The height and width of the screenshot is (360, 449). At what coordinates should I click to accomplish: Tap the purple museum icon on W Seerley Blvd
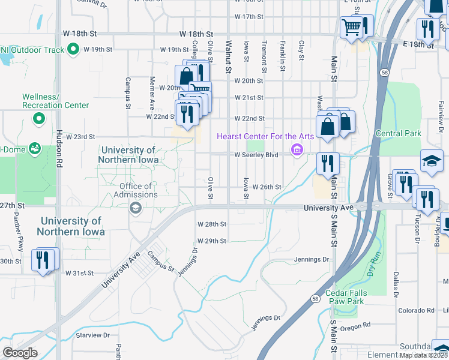click(x=296, y=150)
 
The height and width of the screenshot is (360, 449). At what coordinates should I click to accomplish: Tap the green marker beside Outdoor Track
click(x=74, y=49)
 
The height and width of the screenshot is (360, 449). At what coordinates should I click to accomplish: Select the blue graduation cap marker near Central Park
click(x=432, y=161)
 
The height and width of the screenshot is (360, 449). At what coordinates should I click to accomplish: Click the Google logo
click(x=20, y=353)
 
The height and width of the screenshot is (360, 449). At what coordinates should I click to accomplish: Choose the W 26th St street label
click(x=267, y=187)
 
